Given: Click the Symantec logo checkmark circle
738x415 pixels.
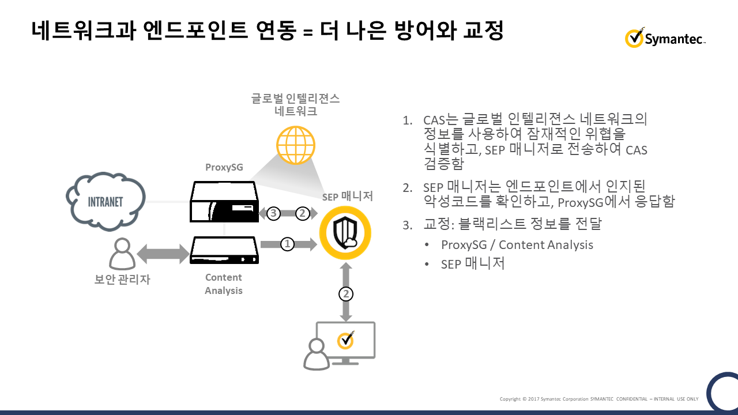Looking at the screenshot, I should (x=634, y=38).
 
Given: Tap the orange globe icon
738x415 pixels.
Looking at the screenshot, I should (x=296, y=145).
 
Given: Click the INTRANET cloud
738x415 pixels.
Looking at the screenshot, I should (x=106, y=202).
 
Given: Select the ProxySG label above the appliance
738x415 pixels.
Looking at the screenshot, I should (x=224, y=168).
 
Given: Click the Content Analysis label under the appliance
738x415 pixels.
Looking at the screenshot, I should (x=224, y=284).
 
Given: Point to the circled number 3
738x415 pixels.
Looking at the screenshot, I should (x=274, y=213).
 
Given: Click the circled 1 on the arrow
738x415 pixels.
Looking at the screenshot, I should (x=287, y=244).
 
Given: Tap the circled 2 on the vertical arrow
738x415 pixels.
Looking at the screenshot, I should (x=345, y=294).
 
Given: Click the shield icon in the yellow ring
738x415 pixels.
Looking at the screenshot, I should (x=345, y=233).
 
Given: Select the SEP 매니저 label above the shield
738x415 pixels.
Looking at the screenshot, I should (x=348, y=197).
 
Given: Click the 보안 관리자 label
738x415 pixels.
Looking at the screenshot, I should (x=122, y=281).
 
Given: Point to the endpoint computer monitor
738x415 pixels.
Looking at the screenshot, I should (x=345, y=342).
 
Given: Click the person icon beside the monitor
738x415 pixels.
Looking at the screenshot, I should (x=316, y=354).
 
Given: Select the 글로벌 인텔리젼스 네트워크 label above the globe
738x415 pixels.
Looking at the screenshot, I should (x=296, y=104).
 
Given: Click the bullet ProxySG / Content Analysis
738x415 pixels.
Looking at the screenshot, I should (x=517, y=244).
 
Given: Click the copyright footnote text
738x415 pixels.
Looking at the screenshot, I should (x=598, y=399).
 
